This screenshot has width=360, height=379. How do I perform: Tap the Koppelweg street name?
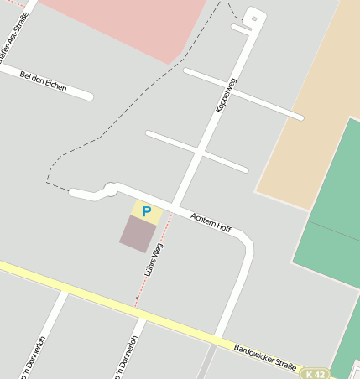click(227, 95)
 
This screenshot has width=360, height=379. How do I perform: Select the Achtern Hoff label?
click(211, 222)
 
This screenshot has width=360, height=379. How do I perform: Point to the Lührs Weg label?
click(153, 261)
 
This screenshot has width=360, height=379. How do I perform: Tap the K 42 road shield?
click(315, 374)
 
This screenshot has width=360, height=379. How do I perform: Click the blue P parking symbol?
click(147, 212)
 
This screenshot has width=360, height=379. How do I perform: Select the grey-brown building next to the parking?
click(138, 234)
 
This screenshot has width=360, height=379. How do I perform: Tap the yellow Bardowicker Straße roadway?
click(84, 294)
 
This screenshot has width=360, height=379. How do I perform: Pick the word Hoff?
click(222, 226)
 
